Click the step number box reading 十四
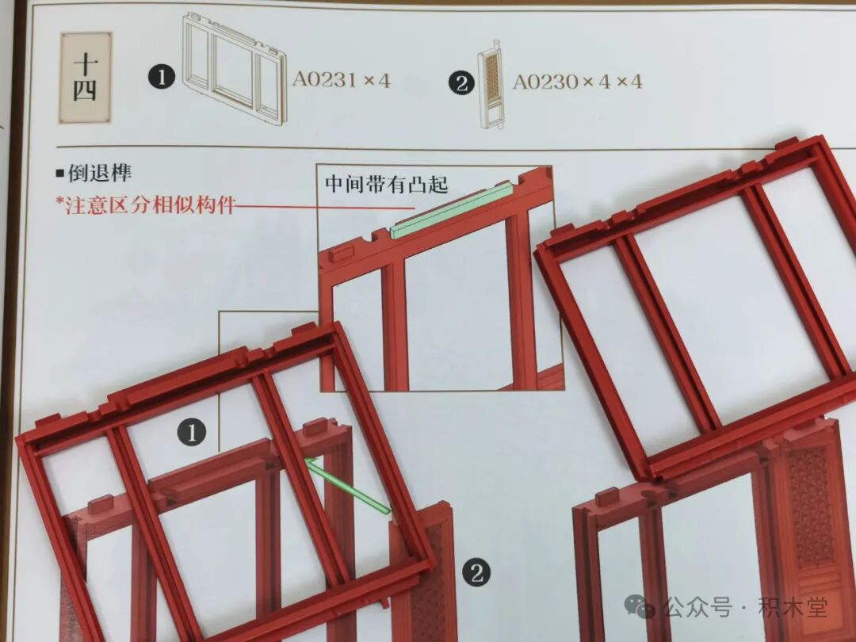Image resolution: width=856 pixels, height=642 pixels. (x=85, y=78)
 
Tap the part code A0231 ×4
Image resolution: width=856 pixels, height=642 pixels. (x=341, y=79)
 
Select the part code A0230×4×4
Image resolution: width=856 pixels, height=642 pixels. (x=577, y=81)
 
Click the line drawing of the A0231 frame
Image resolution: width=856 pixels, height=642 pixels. (x=234, y=68)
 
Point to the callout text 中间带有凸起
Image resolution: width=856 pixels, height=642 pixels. (x=387, y=185)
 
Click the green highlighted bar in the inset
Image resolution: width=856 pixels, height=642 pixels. (x=452, y=210)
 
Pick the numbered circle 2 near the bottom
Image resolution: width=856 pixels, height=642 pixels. (x=476, y=572)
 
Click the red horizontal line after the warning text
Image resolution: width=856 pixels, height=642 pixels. (x=317, y=207)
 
